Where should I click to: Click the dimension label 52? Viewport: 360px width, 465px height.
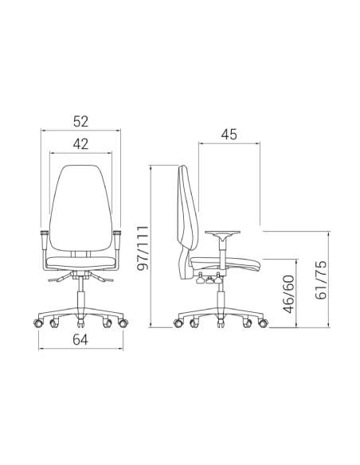pos(80,122)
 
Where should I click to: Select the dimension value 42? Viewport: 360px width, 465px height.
pos(80,144)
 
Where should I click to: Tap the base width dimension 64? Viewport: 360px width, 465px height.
pos(80,341)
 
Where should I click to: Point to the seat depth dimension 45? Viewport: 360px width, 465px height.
pos(229,135)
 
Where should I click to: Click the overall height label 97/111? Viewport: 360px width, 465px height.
pos(143,246)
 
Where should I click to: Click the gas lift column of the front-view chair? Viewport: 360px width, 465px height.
pos(80,299)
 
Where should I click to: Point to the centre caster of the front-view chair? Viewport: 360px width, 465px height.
pos(80,323)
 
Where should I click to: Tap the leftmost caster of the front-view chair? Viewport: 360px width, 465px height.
pos(36,323)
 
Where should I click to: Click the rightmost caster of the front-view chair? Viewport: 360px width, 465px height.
pos(124,323)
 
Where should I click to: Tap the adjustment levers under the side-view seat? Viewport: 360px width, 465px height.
pos(209,279)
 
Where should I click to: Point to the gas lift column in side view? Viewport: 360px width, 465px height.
pos(219,299)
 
